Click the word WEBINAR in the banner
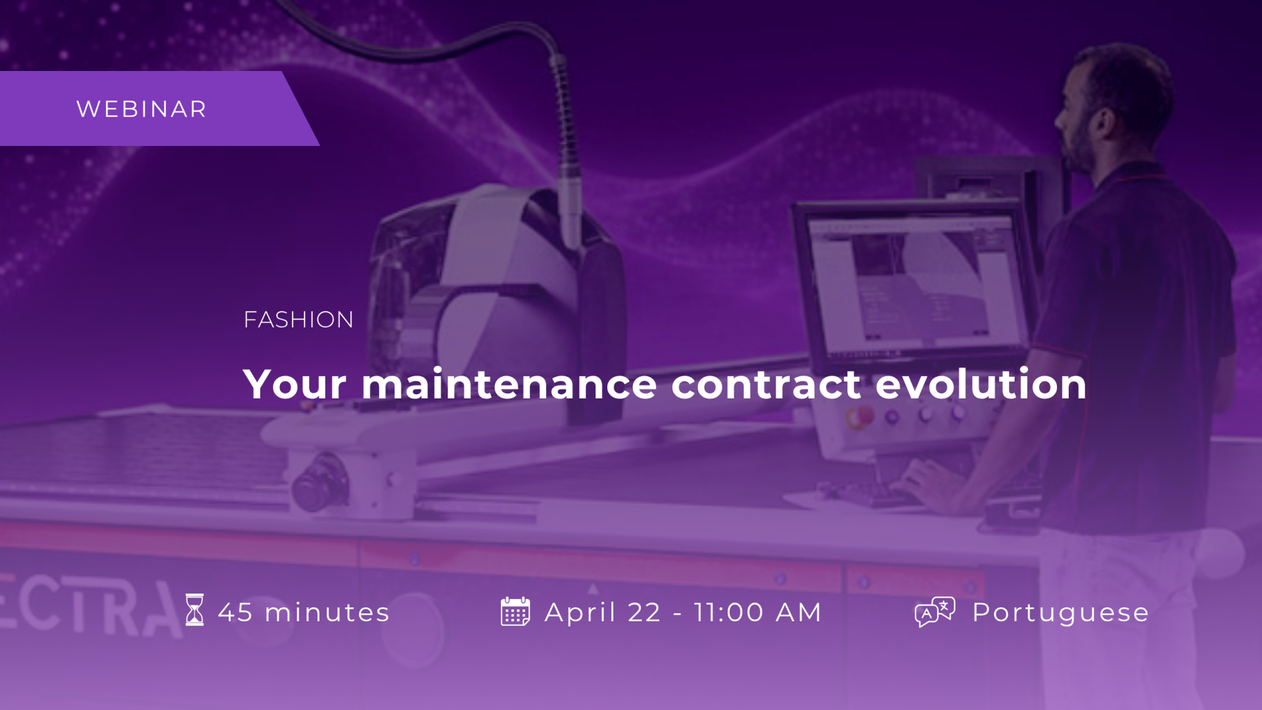pyautogui.click(x=141, y=109)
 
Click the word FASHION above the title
pyautogui.click(x=298, y=319)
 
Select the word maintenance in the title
pyautogui.click(x=509, y=384)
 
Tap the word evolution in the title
pyautogui.click(x=981, y=384)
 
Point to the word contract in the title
pyautogui.click(x=766, y=385)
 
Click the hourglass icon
pyautogui.click(x=195, y=610)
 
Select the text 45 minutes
pyautogui.click(x=304, y=613)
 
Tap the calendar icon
pyautogui.click(x=515, y=611)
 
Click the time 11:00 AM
pyautogui.click(x=757, y=613)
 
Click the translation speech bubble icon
pyautogui.click(x=935, y=612)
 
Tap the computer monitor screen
pyautogui.click(x=914, y=279)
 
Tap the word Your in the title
pyautogui.click(x=294, y=384)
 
